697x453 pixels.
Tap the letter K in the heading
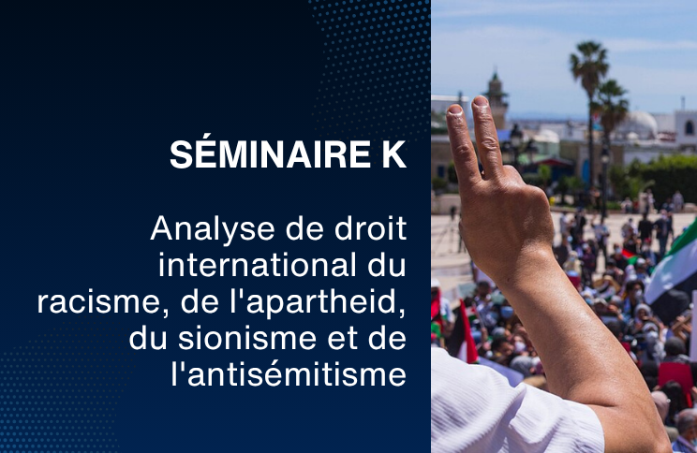coord(394,154)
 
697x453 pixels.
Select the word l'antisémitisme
coord(289,375)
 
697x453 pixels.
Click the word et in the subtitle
coord(343,340)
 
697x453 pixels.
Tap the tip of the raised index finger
coord(454,110)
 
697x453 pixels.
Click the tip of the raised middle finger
coord(480,101)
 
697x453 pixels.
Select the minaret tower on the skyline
coord(496,98)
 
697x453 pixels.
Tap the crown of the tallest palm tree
coord(589,62)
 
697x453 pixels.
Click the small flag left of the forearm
coord(462,332)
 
